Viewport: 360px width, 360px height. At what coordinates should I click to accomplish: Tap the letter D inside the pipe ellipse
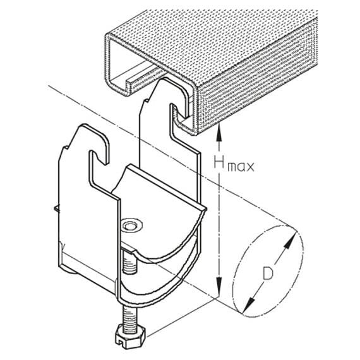268,273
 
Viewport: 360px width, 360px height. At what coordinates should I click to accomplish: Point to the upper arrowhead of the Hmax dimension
219,132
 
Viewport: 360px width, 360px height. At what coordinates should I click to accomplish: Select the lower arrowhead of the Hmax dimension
219,285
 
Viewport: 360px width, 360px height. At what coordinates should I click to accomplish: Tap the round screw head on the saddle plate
132,225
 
